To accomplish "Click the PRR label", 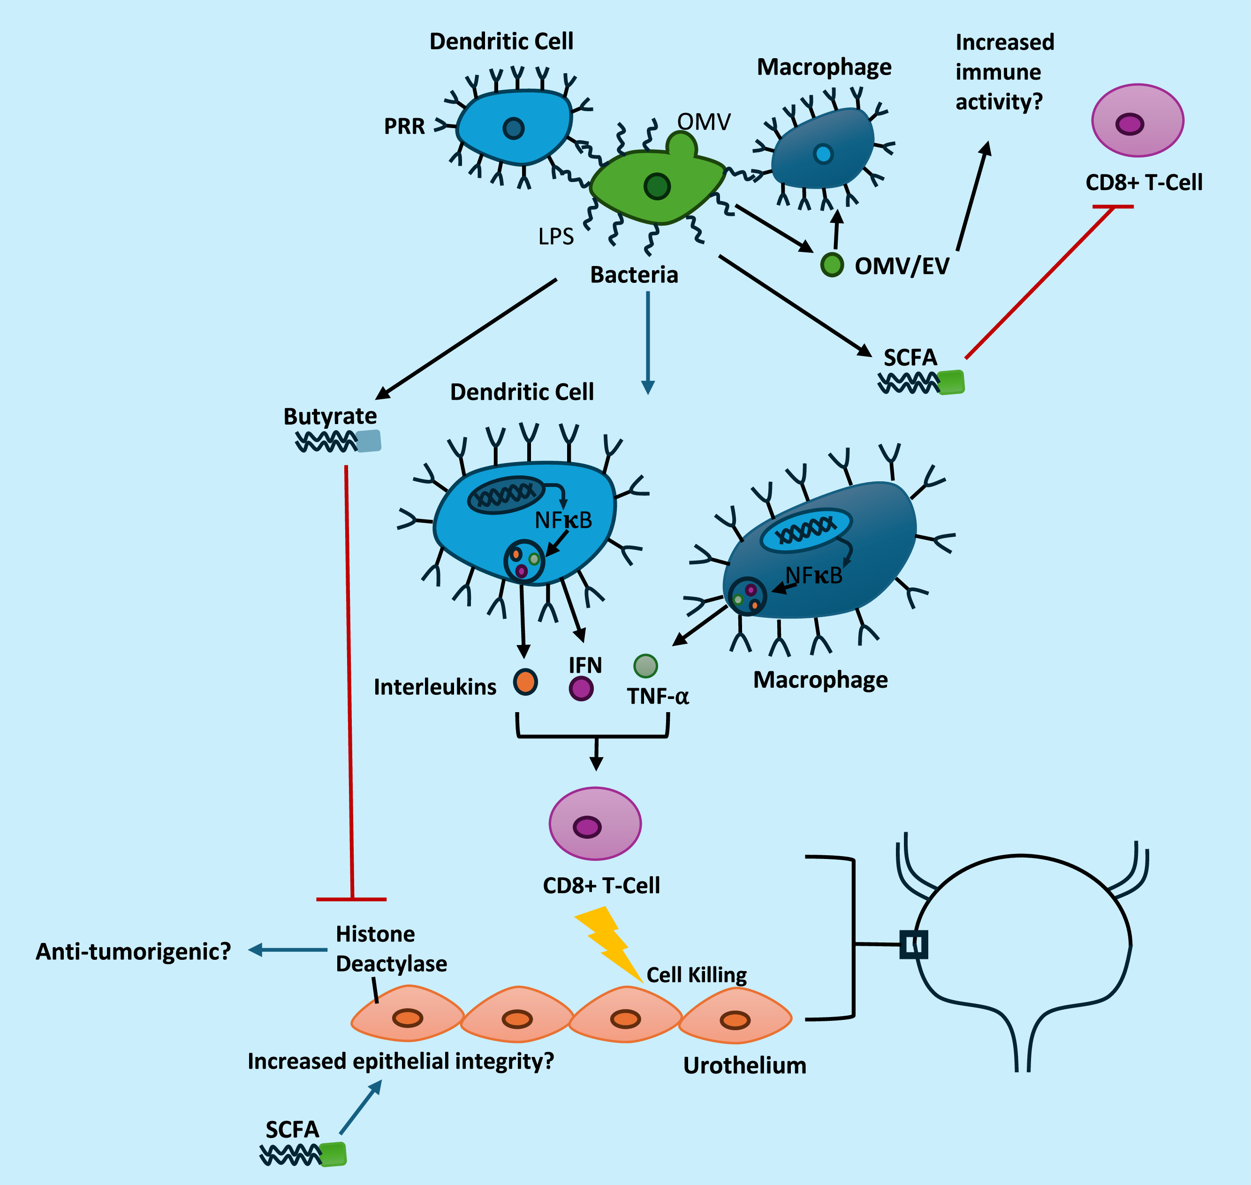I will pos(404,126).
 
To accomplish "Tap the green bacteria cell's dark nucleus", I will pos(657,186).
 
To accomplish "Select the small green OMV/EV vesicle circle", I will pos(832,265).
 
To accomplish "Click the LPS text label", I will pos(556,236).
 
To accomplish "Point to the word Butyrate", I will pos(330,416).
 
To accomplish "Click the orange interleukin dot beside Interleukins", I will pos(525,682).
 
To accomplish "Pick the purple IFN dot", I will pos(581,688).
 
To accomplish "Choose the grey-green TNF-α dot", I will pos(645,666).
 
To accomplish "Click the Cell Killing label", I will pos(697,975).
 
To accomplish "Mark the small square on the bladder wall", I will pos(914,945).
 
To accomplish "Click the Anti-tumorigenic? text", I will pos(133,951).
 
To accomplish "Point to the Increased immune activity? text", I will pos(1004,72).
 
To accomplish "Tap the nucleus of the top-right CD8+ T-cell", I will pos(1130,124).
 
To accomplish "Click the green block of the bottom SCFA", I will pos(334,1154).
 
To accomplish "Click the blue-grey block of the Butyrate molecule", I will pos(369,441).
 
